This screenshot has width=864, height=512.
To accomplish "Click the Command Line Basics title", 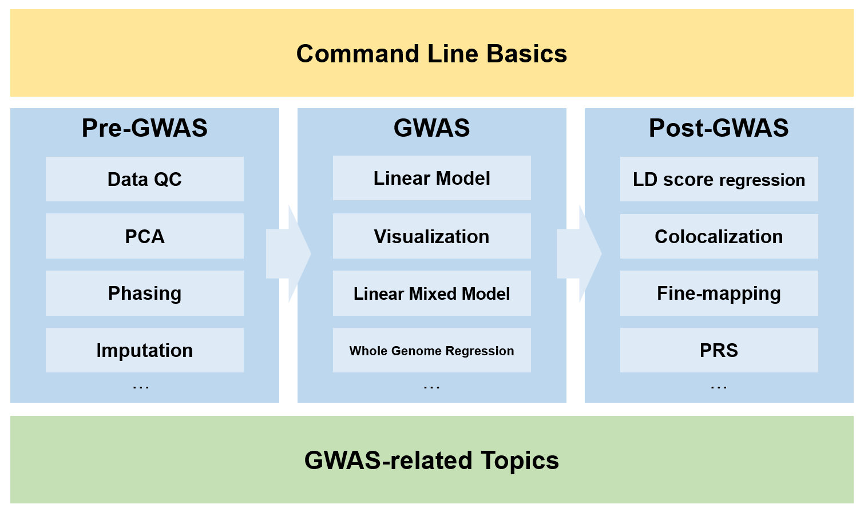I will pyautogui.click(x=431, y=54).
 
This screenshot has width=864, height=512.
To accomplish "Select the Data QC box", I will pyautogui.click(x=145, y=179).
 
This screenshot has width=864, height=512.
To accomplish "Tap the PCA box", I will pyautogui.click(x=145, y=236).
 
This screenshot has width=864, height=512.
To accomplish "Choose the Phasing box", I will pyautogui.click(x=145, y=293).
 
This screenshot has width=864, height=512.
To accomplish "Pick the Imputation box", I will pyautogui.click(x=145, y=350).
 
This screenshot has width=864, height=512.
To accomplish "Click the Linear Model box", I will pyautogui.click(x=431, y=178).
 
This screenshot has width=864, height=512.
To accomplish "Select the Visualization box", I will pyautogui.click(x=431, y=236).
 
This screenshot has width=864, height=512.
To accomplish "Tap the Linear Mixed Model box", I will pyautogui.click(x=431, y=293).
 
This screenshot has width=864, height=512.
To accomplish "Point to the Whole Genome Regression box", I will pyautogui.click(x=431, y=350).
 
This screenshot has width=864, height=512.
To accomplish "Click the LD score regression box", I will pyautogui.click(x=719, y=180).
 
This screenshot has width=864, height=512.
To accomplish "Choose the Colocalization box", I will pyautogui.click(x=719, y=236).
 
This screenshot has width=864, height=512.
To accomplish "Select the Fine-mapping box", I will pyautogui.click(x=719, y=293).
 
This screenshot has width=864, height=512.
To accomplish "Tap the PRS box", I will pyautogui.click(x=719, y=350).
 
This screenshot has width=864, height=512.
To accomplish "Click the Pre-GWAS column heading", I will pyautogui.click(x=145, y=128).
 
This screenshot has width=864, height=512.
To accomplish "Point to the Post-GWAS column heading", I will pyautogui.click(x=719, y=128).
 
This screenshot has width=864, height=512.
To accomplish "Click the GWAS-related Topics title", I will pyautogui.click(x=431, y=461).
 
